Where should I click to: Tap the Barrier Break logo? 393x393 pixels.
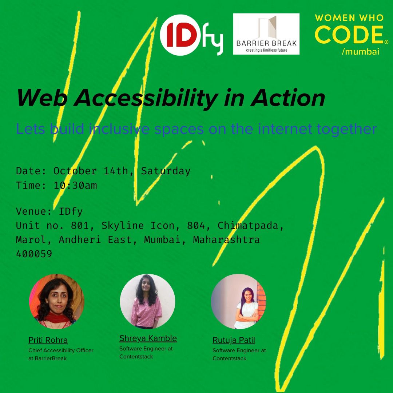point(266,34)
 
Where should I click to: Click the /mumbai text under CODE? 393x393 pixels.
point(361,52)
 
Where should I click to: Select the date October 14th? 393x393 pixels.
point(91,171)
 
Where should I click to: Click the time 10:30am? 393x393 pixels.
point(75,186)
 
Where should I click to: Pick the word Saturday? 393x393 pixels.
point(166,171)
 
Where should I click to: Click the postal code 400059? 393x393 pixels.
point(34,254)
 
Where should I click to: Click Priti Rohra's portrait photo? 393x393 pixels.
point(56,302)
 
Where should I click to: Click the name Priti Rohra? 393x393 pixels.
point(48,340)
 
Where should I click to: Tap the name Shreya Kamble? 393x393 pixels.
point(148,338)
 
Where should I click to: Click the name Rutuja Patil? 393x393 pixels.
point(234,340)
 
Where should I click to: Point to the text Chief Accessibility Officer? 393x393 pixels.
point(61,350)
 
